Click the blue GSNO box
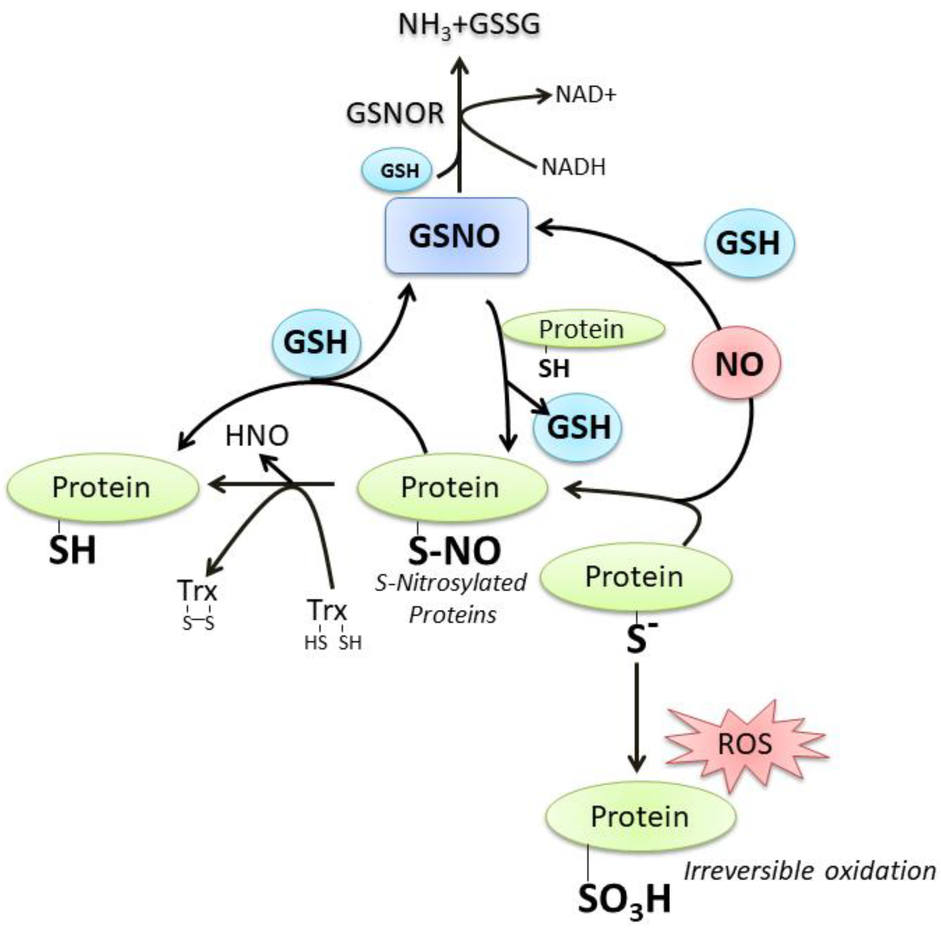coord(456,236)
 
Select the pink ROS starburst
coord(745,744)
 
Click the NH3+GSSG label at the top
coord(468,25)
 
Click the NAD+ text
coord(586,95)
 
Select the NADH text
coord(574,167)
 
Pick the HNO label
coord(257,436)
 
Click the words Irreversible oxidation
coord(809,871)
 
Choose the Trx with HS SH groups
coord(327,610)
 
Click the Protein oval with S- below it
coord(635,577)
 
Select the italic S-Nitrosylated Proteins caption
coord(451,599)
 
